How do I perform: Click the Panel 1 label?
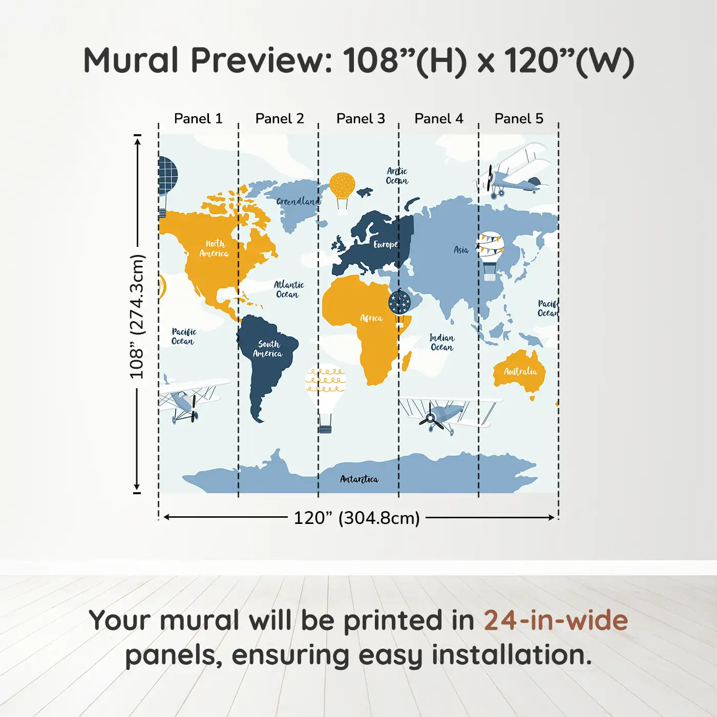click(198, 119)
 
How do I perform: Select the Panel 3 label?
click(361, 119)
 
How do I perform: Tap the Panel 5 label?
click(519, 119)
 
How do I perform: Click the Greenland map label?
click(298, 201)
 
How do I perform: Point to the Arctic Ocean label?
click(397, 176)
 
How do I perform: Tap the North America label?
click(214, 248)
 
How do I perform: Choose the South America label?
click(268, 349)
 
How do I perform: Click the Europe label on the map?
click(386, 244)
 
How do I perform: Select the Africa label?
click(371, 318)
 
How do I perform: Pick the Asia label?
click(461, 250)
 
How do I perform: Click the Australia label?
click(520, 371)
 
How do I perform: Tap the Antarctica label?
click(360, 479)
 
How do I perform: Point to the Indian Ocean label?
click(442, 343)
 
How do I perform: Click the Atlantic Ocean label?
click(289, 289)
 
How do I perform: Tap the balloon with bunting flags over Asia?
click(491, 256)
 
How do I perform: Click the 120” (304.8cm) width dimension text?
click(357, 518)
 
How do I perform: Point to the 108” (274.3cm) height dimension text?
click(137, 317)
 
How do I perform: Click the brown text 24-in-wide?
click(556, 621)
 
